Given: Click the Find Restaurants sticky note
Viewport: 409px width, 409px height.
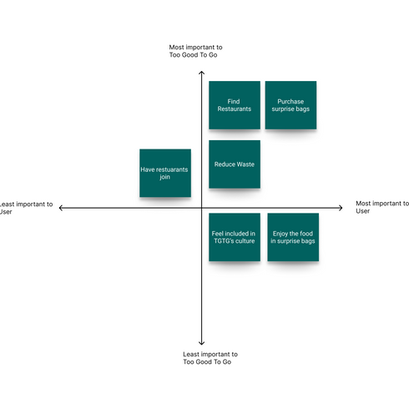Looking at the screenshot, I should pyautogui.click(x=234, y=105).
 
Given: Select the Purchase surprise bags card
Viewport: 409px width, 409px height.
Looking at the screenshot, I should pyautogui.click(x=290, y=105).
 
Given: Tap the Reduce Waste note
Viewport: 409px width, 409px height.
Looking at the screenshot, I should pyautogui.click(x=234, y=164).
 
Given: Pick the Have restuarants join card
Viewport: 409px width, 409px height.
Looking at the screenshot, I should pyautogui.click(x=164, y=173).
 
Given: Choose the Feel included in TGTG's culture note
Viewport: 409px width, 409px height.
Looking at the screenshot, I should pyautogui.click(x=234, y=237).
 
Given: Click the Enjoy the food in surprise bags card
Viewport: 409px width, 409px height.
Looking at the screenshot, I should pyautogui.click(x=293, y=237).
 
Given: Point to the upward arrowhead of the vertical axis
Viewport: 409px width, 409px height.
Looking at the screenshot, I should pyautogui.click(x=201, y=73).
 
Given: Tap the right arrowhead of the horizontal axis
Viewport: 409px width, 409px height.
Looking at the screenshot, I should pyautogui.click(x=341, y=208).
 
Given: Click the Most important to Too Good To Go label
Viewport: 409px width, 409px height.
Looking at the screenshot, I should pyautogui.click(x=196, y=52).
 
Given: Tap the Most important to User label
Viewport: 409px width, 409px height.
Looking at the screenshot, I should pyautogui.click(x=381, y=207).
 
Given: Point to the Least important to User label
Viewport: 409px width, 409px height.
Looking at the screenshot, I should pyautogui.click(x=26, y=208).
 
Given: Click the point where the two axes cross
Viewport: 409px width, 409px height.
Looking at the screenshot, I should pyautogui.click(x=201, y=208).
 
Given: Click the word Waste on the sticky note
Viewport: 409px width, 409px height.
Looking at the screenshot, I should pyautogui.click(x=245, y=164).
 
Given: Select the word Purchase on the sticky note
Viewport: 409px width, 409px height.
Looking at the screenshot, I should pyautogui.click(x=290, y=102).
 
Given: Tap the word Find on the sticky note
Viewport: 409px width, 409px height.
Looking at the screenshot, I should pyautogui.click(x=234, y=102).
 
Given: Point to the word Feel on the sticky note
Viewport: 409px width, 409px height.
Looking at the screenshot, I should pyautogui.click(x=219, y=234).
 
